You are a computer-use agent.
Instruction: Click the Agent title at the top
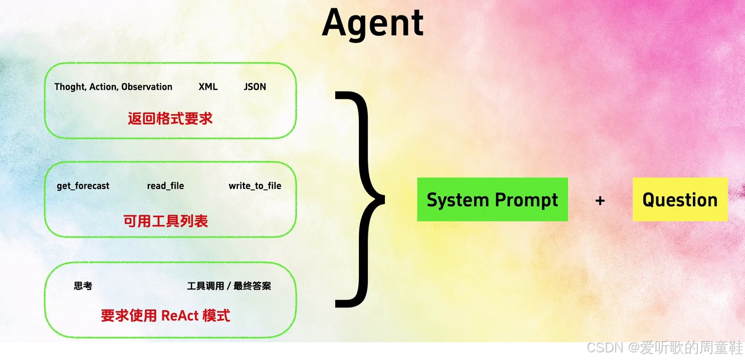[372, 24]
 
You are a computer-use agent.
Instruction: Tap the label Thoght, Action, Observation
[114, 87]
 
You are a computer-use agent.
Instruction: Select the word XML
[208, 87]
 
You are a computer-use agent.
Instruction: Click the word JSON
[255, 87]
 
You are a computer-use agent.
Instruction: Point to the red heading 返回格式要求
[170, 119]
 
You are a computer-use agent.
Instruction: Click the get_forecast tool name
[83, 186]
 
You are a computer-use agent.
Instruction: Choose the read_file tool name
[166, 186]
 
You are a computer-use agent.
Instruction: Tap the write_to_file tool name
[255, 186]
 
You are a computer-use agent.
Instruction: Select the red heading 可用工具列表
[166, 221]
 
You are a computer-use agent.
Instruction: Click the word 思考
[83, 286]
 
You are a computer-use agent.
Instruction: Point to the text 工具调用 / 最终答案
[229, 286]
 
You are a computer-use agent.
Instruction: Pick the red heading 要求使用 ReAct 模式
[166, 316]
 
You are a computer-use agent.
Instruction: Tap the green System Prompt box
[492, 200]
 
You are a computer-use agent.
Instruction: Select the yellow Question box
[680, 200]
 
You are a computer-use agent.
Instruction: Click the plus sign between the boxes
[600, 201]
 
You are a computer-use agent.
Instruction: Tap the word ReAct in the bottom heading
[180, 316]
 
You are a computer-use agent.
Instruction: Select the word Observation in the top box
[147, 87]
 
